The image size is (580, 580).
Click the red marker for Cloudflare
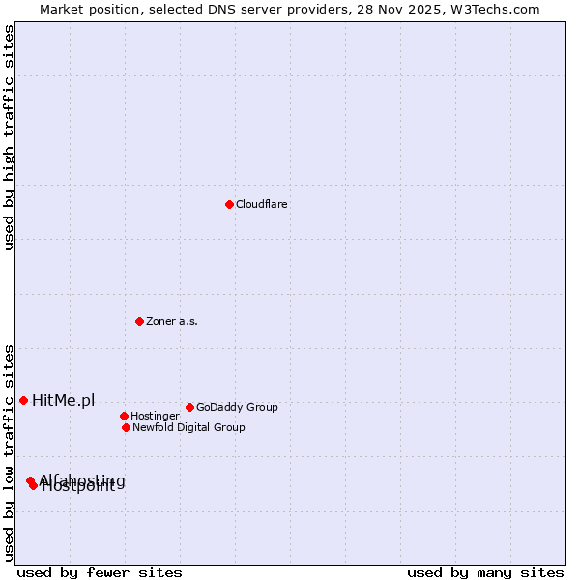(229, 204)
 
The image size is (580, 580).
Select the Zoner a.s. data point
(139, 321)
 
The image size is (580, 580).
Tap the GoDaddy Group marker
(189, 407)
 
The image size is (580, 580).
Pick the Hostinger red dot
(124, 416)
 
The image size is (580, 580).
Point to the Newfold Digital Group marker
(126, 427)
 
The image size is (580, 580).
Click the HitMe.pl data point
(23, 400)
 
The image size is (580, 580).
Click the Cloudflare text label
(262, 204)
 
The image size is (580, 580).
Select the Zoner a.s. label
(172, 321)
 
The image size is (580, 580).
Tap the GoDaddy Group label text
(237, 407)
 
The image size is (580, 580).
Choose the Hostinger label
(155, 416)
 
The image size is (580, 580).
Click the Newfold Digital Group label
(188, 427)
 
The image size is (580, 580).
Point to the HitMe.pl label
(64, 401)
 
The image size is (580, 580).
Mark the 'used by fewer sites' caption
(100, 572)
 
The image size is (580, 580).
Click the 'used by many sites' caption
(485, 572)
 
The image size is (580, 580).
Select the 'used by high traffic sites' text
(9, 137)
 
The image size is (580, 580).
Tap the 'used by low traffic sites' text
(9, 452)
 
